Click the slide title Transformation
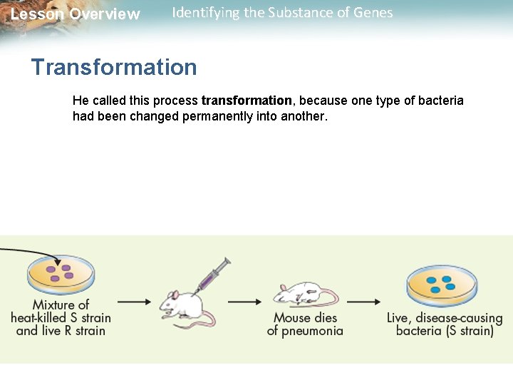tap(114, 67)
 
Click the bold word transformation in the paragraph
tap(247, 101)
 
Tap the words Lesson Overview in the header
tap(76, 14)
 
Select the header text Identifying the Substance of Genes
tap(282, 13)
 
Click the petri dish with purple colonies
tap(61, 274)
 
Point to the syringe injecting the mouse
tap(214, 274)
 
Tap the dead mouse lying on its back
tap(303, 293)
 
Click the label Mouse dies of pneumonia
tap(305, 324)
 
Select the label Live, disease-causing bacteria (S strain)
tap(445, 324)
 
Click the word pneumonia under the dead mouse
tap(313, 331)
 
